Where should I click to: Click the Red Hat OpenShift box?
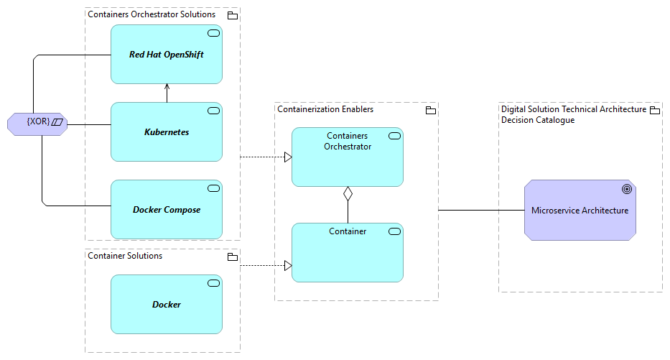click(166, 55)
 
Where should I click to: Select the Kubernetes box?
click(166, 132)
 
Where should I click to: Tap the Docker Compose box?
click(166, 210)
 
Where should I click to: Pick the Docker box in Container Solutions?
click(166, 304)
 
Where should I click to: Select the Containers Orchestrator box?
click(347, 157)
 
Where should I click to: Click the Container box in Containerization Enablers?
click(347, 252)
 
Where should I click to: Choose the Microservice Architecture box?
click(580, 211)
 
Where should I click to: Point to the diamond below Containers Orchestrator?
click(348, 193)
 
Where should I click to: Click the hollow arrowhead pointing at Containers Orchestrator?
click(287, 157)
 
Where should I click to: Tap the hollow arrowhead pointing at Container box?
click(287, 266)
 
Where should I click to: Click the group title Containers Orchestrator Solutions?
click(151, 14)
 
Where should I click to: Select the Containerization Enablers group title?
click(325, 109)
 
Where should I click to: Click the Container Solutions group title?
click(125, 256)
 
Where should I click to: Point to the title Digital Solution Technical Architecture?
click(573, 109)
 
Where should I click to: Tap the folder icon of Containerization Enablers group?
click(430, 111)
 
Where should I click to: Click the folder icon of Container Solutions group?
click(232, 257)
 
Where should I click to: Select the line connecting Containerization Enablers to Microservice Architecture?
click(481, 211)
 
